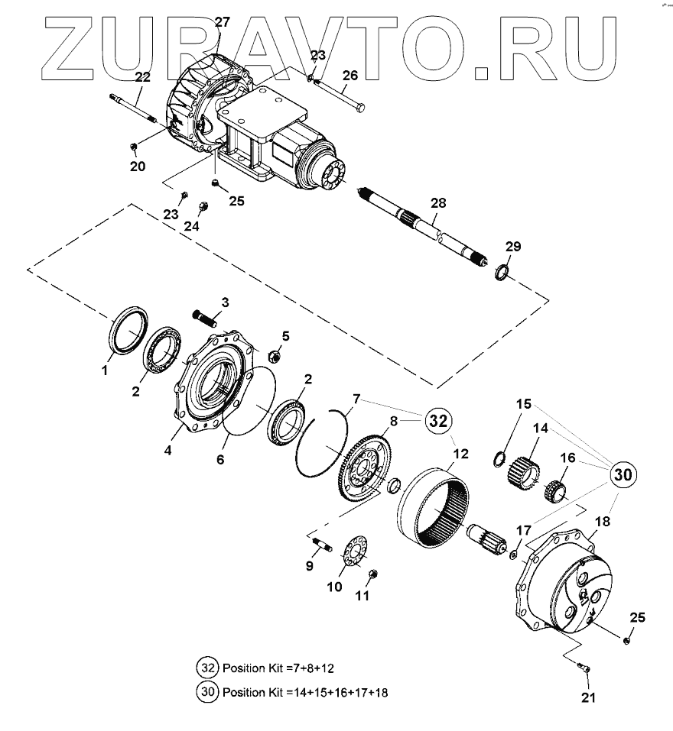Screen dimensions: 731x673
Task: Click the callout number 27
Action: coord(222,22)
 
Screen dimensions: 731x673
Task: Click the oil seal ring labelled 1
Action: coord(128,326)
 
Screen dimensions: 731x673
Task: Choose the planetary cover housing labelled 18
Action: coord(566,588)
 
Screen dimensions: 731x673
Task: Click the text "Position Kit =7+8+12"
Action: coord(278,667)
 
